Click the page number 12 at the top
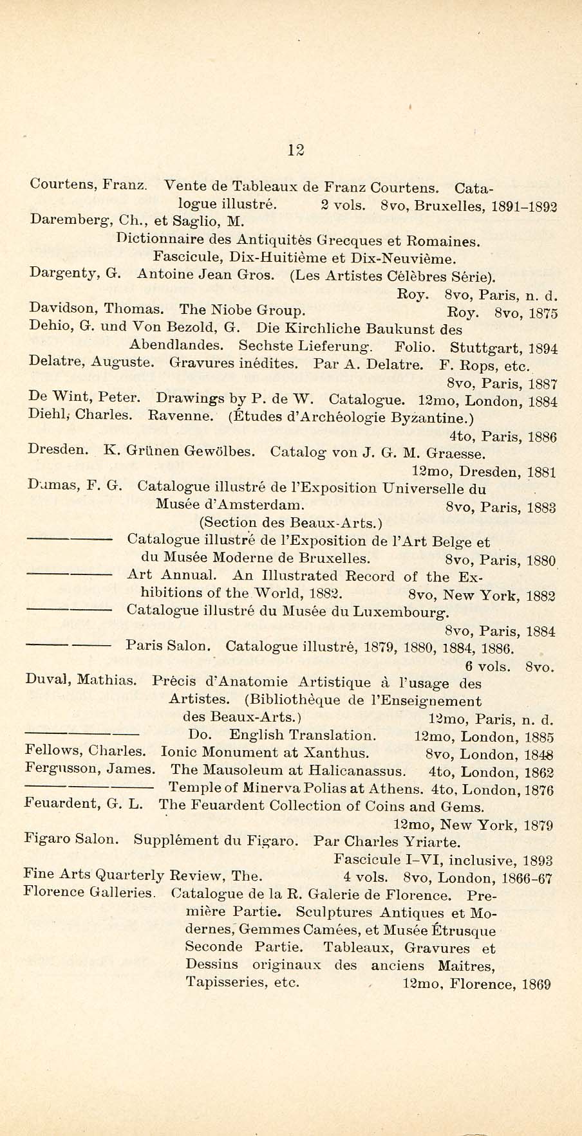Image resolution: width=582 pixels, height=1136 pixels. click(296, 150)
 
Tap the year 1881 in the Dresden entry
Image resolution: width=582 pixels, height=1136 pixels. click(541, 472)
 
